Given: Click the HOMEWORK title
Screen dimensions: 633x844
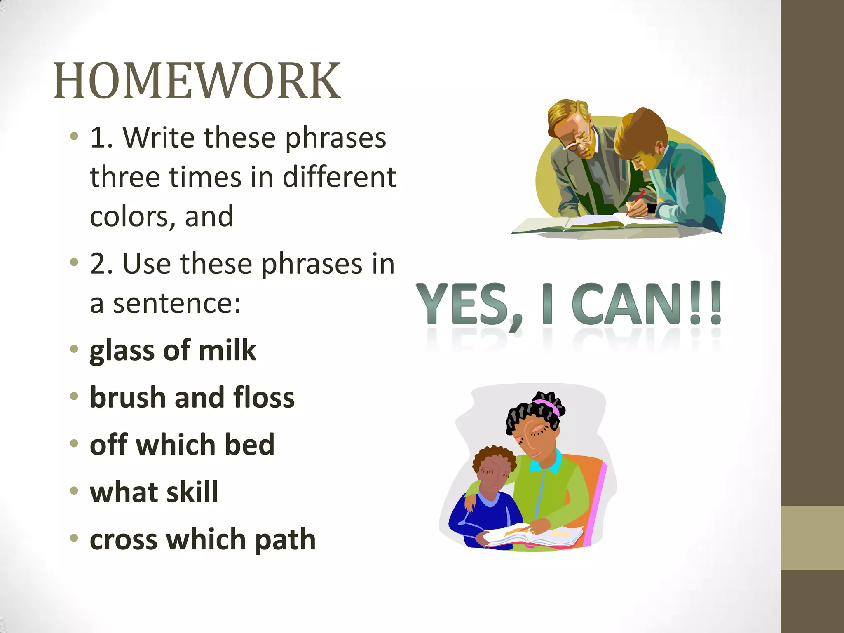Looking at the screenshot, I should [197, 81].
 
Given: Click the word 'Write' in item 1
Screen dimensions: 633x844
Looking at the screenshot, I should [158, 137].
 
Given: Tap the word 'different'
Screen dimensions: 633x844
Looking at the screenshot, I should [339, 177].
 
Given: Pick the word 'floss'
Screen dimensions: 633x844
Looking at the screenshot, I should [264, 398].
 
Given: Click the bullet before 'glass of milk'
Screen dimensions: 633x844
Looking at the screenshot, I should [74, 349].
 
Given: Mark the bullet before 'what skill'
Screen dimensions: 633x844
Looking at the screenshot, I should [74, 491].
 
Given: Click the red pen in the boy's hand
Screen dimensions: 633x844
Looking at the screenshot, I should [636, 202].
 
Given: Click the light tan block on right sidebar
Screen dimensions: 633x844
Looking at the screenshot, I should [812, 538].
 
